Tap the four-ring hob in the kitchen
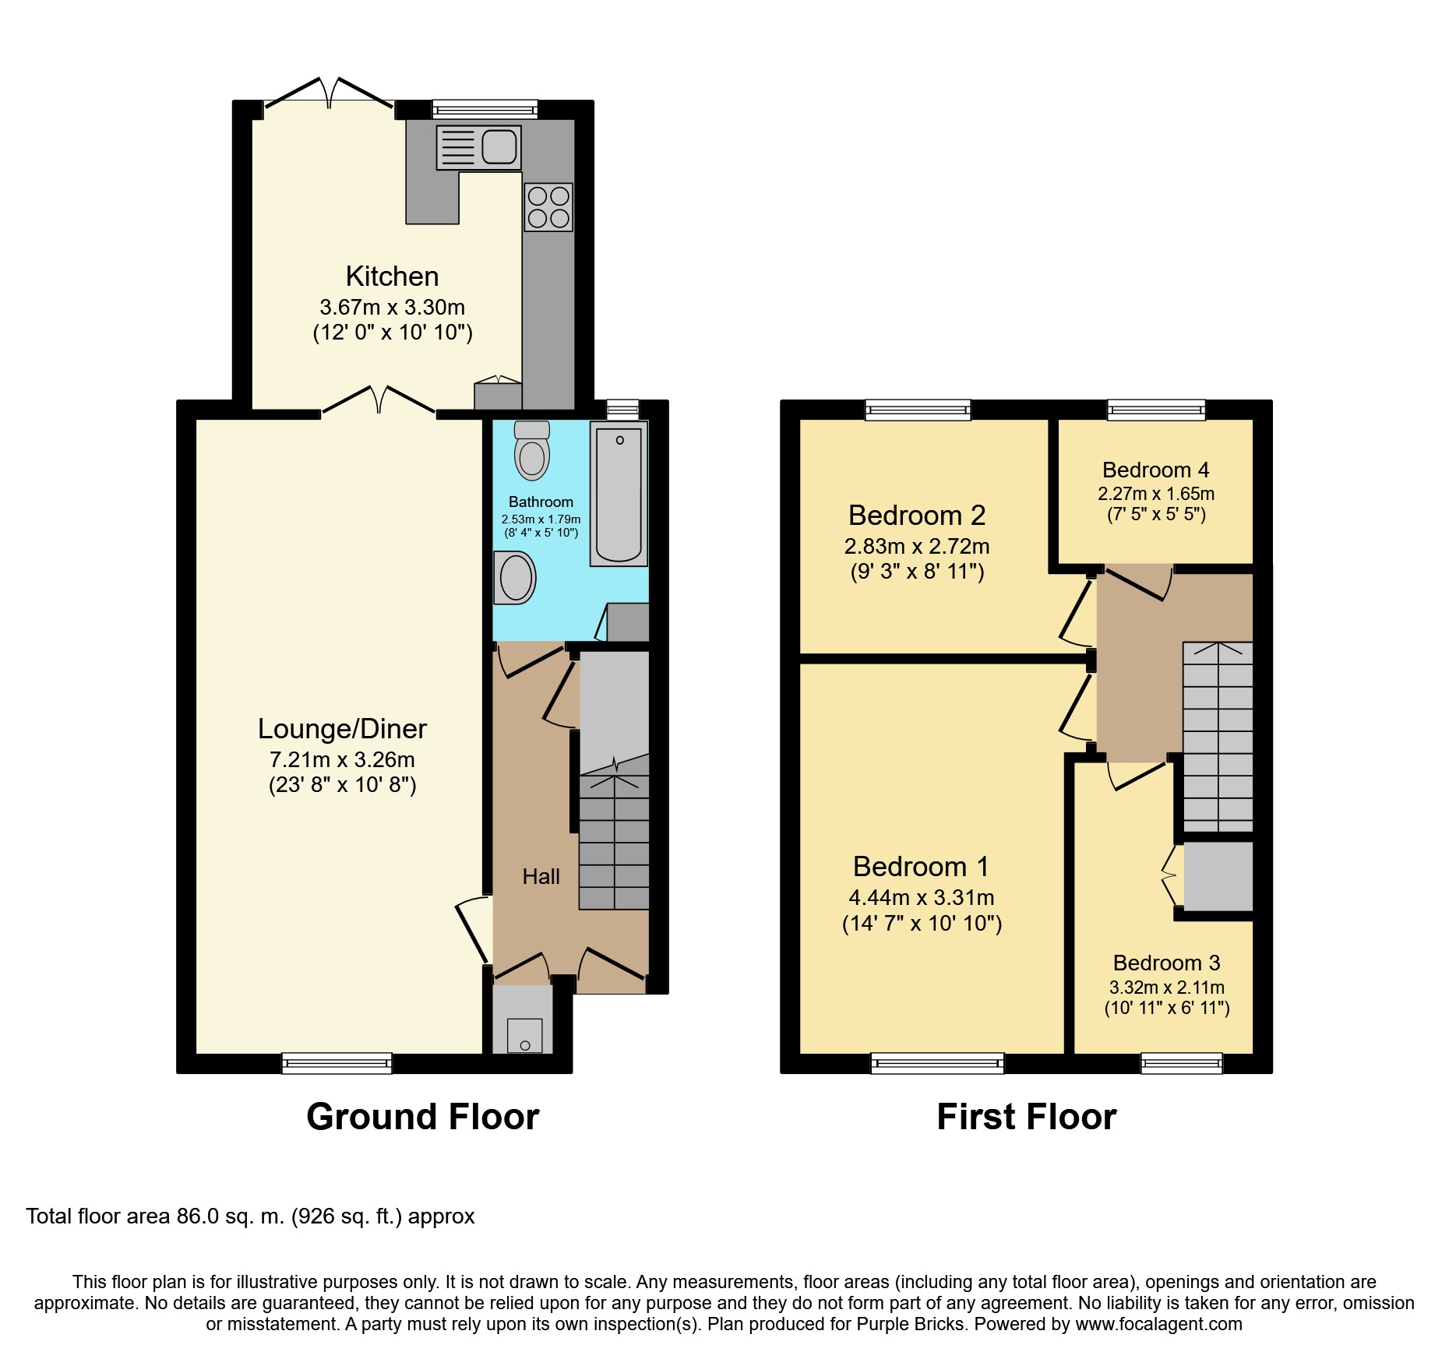[548, 207]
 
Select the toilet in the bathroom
[532, 451]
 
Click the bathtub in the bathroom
[619, 494]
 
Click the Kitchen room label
[392, 276]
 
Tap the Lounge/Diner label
[342, 729]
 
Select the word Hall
[541, 877]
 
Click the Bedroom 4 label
[1155, 470]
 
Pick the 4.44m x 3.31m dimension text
[921, 898]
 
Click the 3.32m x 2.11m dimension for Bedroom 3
[1166, 988]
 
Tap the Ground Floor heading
[422, 1117]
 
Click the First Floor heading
[1026, 1117]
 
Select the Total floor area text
[250, 1216]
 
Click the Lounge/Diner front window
[337, 1063]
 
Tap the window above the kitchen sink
[485, 109]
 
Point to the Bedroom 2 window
[918, 410]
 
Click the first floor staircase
[1218, 736]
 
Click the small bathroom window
[622, 410]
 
